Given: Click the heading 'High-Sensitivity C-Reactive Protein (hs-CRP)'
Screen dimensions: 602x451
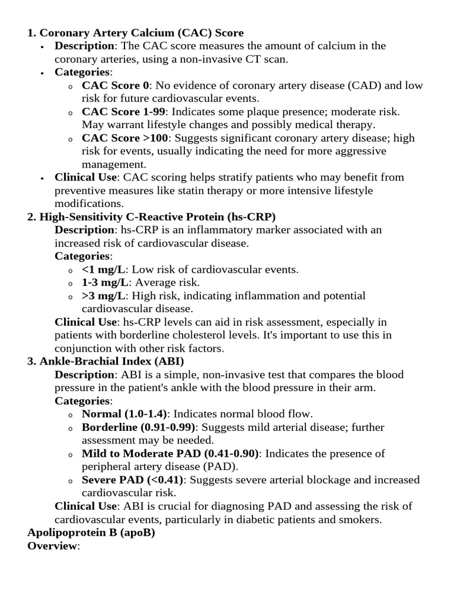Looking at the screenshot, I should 152,217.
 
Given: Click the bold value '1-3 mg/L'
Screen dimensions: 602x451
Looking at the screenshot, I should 105,283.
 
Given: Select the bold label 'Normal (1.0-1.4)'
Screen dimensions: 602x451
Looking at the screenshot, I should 124,414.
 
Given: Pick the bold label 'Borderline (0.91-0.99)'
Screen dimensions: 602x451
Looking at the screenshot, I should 140,427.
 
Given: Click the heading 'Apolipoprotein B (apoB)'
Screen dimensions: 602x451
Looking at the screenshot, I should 91,533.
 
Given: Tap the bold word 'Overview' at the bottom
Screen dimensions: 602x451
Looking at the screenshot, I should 52,546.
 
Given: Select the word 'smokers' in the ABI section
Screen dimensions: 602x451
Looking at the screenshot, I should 362,519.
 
